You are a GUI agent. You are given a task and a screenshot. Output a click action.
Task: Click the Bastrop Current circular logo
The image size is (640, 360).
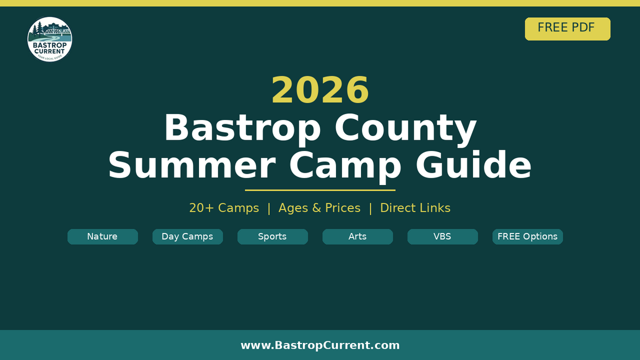pyautogui.click(x=50, y=39)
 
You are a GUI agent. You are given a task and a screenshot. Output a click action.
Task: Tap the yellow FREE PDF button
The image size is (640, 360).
pyautogui.click(x=567, y=29)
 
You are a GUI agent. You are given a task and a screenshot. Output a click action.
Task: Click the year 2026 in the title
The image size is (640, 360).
pyautogui.click(x=320, y=90)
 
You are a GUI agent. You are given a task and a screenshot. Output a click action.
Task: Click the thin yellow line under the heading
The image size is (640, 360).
pyautogui.click(x=320, y=190)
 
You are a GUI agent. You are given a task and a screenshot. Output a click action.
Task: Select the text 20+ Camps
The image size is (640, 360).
pyautogui.click(x=224, y=208)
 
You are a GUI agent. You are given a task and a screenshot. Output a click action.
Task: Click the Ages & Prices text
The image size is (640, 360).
pyautogui.click(x=319, y=208)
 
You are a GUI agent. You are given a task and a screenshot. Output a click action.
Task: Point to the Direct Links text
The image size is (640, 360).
pyautogui.click(x=415, y=208)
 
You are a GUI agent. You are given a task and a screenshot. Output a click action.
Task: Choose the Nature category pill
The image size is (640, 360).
pyautogui.click(x=102, y=237)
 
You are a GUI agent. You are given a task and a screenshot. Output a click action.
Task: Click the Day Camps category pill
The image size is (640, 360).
pyautogui.click(x=187, y=237)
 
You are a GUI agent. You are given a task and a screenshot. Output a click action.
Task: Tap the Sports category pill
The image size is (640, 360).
pyautogui.click(x=273, y=237)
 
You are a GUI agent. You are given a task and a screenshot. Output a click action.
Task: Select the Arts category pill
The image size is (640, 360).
pyautogui.click(x=357, y=237)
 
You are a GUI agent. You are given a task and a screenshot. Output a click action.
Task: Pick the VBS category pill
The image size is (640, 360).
pyautogui.click(x=442, y=237)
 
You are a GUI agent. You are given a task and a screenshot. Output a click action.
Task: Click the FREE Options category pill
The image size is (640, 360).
pyautogui.click(x=527, y=237)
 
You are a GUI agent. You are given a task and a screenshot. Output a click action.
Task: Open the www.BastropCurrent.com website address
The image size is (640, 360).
pyautogui.click(x=320, y=346)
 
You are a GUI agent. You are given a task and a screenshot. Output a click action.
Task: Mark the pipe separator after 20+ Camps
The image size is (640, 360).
pyautogui.click(x=269, y=208)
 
